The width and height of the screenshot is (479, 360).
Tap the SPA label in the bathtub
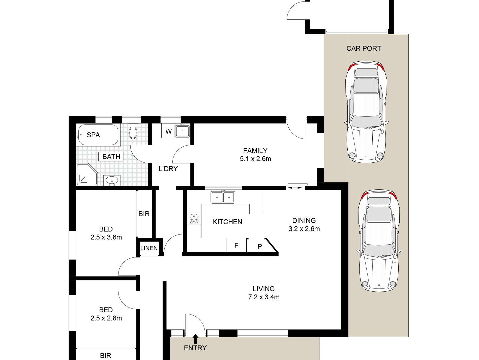[x=93, y=135]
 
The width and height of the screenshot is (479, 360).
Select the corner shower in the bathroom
[x=87, y=175]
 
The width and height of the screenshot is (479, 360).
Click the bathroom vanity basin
[x=112, y=180]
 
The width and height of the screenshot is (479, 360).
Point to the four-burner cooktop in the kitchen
[x=194, y=219]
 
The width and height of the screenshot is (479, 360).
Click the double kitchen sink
[x=223, y=197]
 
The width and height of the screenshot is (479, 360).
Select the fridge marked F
[x=236, y=245]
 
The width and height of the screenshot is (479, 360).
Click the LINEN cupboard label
[x=149, y=248]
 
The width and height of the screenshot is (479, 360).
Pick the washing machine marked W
[x=168, y=131]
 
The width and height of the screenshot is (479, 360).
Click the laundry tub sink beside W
[x=183, y=131]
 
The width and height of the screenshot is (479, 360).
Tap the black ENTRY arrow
[x=195, y=339]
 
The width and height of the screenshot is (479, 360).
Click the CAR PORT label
[x=364, y=49]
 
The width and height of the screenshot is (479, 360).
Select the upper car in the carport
[x=366, y=112]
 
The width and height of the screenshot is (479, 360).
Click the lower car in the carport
[x=379, y=241]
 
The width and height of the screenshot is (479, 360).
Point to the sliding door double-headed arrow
[x=295, y=188]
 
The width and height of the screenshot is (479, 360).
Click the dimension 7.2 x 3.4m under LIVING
[x=264, y=297]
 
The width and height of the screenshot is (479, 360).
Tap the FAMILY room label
[x=255, y=151]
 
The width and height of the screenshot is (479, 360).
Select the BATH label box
[x=111, y=157]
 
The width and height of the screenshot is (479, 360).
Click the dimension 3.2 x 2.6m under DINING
[x=304, y=229]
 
